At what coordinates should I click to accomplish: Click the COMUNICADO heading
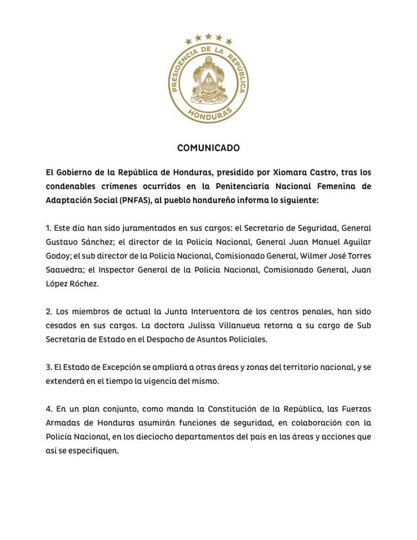[x=208, y=147]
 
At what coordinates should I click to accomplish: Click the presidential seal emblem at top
[x=208, y=80]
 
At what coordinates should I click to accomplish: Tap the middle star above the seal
[x=208, y=36]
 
